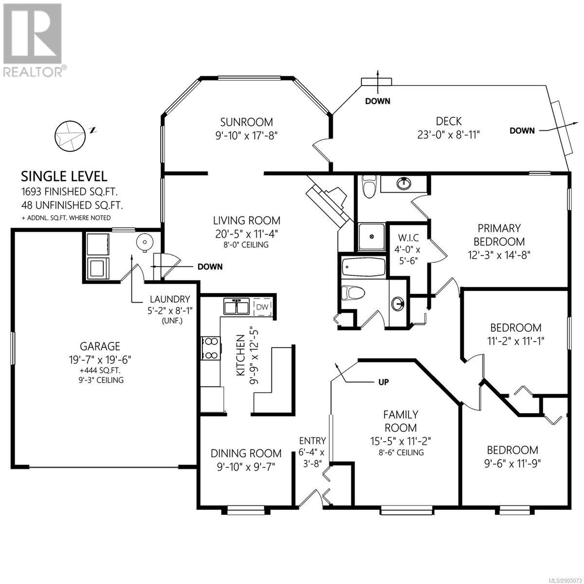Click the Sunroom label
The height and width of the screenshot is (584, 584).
point(246,122)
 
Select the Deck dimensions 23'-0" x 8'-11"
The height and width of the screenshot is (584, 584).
point(449,134)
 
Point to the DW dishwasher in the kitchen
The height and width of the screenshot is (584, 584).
point(262,307)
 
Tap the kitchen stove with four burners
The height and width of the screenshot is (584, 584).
point(211,348)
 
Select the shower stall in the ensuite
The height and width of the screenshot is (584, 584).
point(371,237)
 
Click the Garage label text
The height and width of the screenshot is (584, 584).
point(100,346)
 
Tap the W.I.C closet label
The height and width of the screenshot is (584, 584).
point(407,237)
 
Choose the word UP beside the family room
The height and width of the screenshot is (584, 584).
point(383,382)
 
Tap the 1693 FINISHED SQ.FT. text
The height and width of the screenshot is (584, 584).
point(70,192)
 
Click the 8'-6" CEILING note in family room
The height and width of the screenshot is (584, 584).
point(401,453)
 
